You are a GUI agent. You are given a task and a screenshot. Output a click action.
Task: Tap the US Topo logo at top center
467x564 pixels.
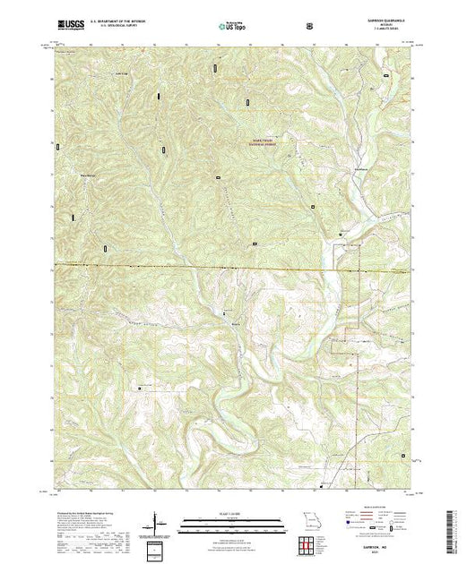pyautogui.click(x=232, y=27)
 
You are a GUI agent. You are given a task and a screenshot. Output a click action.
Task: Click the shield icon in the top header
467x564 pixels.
pyautogui.click(x=310, y=27)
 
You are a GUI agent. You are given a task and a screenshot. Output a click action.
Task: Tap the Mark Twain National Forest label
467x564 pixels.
pyautogui.click(x=265, y=141)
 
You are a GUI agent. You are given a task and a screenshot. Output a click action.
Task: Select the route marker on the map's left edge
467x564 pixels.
pyautogui.click(x=57, y=145)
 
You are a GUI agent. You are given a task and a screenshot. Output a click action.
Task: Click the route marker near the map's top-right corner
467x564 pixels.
pyautogui.click(x=385, y=76)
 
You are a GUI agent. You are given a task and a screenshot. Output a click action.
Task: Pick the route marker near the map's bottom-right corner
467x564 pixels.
pyautogui.click(x=403, y=457)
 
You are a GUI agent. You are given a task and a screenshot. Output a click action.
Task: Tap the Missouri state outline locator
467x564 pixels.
pyautogui.click(x=309, y=522)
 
